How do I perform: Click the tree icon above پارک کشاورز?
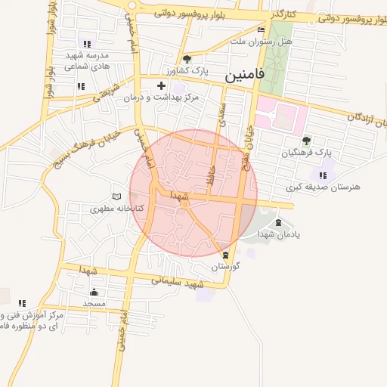coord(187,60)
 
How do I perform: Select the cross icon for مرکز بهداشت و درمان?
coord(161,86)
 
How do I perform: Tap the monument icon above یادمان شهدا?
coord(278,223)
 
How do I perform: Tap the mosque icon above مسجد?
coord(94,292)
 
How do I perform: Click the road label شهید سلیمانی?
coord(178,281)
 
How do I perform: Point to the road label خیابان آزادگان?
coord(367,119)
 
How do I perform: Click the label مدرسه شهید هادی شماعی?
coord(87,60)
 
